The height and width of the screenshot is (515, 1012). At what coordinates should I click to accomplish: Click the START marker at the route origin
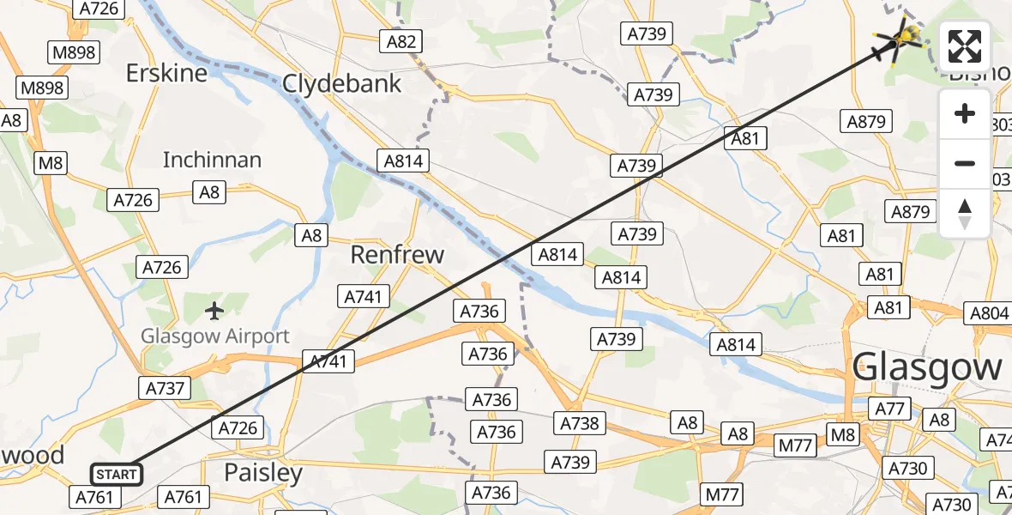coord(116,474)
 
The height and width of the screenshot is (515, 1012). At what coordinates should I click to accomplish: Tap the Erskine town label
coord(166,73)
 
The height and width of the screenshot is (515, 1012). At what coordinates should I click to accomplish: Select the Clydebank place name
coord(342,83)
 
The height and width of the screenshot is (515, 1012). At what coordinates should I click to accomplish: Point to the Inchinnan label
coord(212,160)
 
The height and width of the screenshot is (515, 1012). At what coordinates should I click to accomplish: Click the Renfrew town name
coord(398,255)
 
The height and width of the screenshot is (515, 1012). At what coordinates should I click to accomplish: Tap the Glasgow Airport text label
coord(215,336)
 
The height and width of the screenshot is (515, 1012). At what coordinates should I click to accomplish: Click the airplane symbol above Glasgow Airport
coord(214,309)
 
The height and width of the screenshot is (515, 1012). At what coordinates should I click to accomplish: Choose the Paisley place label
coord(263,473)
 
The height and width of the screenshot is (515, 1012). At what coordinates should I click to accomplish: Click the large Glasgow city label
coord(928,368)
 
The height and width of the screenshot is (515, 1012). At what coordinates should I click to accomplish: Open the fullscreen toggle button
coord(965,47)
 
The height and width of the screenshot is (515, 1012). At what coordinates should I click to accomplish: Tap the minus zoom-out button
coord(965,163)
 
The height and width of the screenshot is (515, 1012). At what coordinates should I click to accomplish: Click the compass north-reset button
coord(965,213)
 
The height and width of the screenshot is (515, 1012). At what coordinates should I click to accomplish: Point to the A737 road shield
coord(166,388)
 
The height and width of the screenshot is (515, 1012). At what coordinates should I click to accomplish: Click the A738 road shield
coord(580,422)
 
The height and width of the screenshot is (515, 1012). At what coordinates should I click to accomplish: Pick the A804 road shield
coord(990,314)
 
